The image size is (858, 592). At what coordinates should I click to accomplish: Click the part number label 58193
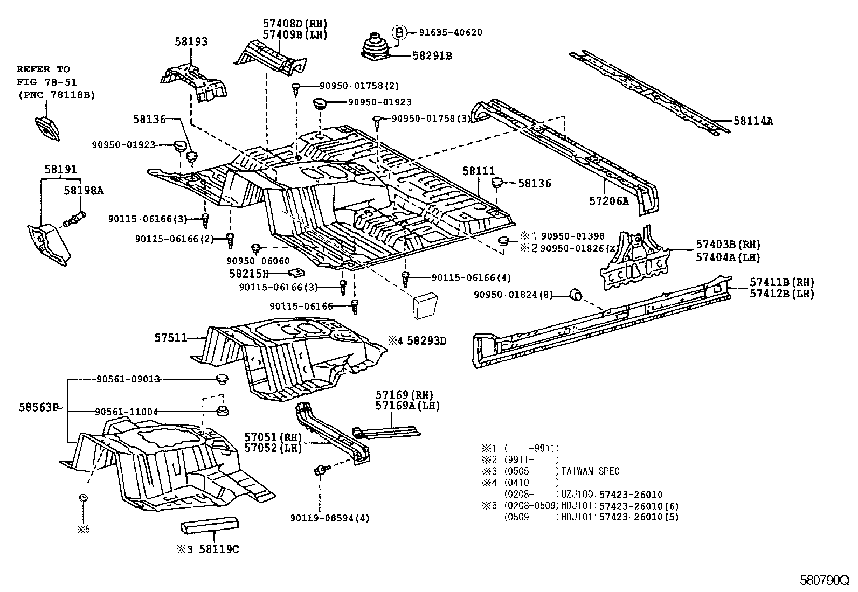coord(191,41)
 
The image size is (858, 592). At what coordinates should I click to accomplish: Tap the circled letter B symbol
coord(399,32)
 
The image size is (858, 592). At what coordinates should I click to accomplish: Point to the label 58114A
coord(753,121)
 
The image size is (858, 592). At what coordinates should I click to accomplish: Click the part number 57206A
coord(608,201)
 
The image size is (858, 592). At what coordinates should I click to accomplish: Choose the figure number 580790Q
coord(824,581)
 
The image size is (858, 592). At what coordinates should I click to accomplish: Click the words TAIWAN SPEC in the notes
coord(590,471)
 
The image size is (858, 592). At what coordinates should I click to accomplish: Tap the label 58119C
coord(219,549)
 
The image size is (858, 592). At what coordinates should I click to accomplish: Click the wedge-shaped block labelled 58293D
coord(425,305)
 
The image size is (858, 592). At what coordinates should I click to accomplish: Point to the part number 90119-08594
coord(322,518)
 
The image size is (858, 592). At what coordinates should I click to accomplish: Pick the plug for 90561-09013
coord(222,379)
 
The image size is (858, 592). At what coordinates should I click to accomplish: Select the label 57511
coord(171,338)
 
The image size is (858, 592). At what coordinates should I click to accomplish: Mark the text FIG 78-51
coord(47,82)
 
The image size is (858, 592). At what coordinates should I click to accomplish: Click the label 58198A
coord(84,190)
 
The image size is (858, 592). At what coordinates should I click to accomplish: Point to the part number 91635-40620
coord(451,32)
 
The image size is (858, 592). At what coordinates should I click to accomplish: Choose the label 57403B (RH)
coord(728,245)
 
